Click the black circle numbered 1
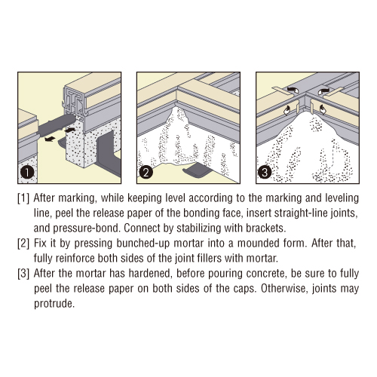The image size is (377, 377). tap(27, 173)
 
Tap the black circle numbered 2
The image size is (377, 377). tap(146, 173)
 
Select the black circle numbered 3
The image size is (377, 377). tap(265, 173)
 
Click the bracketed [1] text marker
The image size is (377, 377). tap(23, 198)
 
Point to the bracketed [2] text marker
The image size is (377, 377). tap(23, 244)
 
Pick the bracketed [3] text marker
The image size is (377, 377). tap(23, 274)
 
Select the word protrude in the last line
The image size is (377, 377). tap(54, 304)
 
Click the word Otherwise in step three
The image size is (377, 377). tap(283, 288)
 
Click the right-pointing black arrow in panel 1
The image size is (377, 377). tap(69, 130)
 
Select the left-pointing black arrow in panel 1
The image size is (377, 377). tap(51, 139)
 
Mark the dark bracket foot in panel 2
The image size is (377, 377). tap(198, 169)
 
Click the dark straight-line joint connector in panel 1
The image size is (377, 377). tap(57, 124)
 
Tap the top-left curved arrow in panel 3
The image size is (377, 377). tap(292, 90)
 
